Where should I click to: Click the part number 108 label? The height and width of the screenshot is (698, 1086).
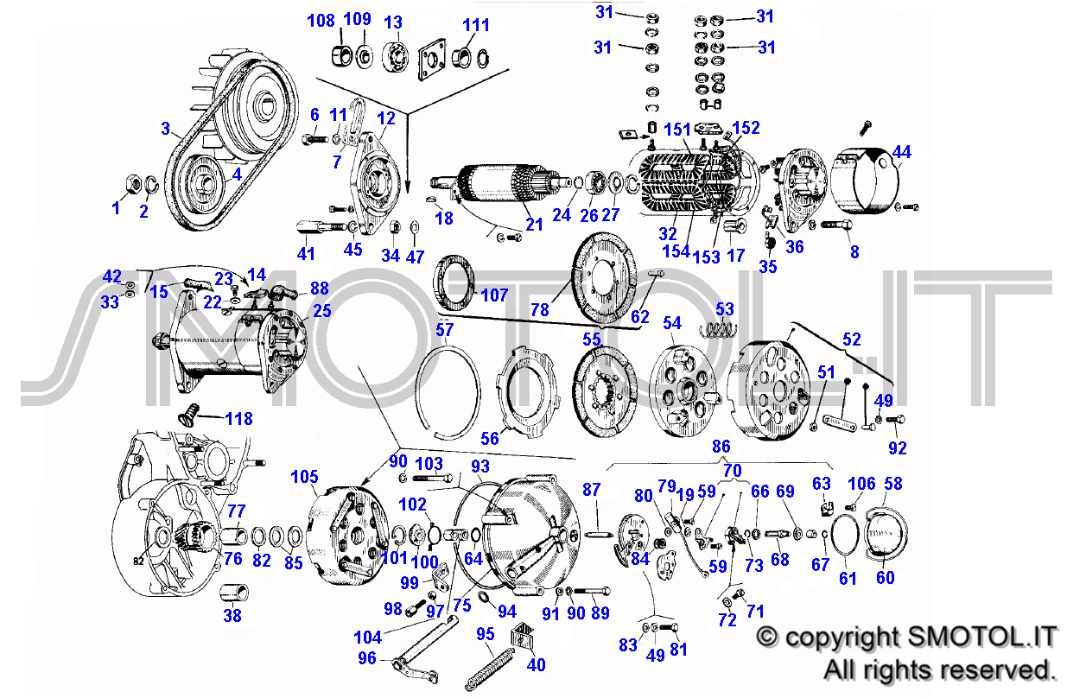pos(321,21)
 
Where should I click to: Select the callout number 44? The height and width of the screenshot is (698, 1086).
pos(902,152)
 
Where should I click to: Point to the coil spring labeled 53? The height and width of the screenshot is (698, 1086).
pos(718,329)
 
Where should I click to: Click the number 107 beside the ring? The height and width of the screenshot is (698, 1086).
pos(494,295)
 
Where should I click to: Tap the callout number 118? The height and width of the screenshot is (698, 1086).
pos(239,419)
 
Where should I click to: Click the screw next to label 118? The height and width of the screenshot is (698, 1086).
pos(189,415)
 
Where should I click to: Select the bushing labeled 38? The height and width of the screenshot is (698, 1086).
pos(234,593)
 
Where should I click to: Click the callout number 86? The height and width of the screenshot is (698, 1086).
pos(721,447)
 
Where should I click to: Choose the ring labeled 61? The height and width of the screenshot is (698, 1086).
pos(844,534)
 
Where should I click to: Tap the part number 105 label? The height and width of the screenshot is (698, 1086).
pos(304,477)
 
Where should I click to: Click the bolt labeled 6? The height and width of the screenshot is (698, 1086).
pos(316,140)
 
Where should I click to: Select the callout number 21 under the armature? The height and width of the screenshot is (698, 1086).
pos(534,225)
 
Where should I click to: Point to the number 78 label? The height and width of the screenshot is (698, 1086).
pos(540,310)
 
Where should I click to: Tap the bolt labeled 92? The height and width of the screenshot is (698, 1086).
pos(895,420)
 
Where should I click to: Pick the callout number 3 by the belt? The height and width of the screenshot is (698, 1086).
pos(166,129)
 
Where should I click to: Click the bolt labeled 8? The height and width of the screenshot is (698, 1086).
pos(836,225)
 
